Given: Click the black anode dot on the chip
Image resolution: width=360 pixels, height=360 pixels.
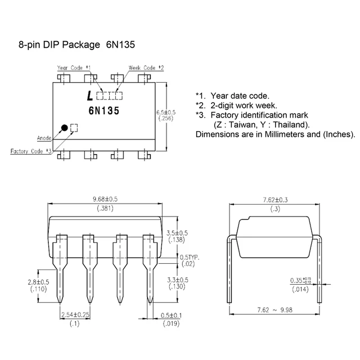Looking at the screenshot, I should tap(65, 128).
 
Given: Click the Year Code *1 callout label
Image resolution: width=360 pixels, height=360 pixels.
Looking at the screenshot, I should tap(74, 67).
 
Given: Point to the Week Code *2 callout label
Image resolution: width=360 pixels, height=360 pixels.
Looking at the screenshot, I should tap(146, 67).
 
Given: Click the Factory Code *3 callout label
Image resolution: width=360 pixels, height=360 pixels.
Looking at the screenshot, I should tap(31, 151).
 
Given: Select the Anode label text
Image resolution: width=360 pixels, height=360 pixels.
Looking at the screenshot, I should tap(45, 137).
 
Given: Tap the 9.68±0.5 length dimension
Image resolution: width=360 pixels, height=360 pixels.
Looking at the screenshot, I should tap(105, 199).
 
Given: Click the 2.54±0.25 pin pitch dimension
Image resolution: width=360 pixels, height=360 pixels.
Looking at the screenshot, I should tap(75, 314).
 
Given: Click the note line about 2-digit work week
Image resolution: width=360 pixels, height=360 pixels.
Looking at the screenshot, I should tap(236, 105).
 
